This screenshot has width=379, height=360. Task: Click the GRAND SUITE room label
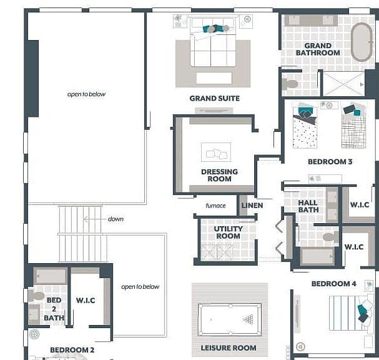[214, 99]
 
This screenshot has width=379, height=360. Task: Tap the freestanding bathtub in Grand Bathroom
[362, 42]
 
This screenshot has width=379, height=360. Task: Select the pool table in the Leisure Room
[230, 319]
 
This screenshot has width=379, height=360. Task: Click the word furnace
[215, 206]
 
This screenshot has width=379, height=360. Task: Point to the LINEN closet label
[252, 206]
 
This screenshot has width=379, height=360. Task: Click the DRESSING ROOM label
[220, 175]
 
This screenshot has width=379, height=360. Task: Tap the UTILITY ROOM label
[228, 232]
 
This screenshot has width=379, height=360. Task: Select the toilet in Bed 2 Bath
[36, 296]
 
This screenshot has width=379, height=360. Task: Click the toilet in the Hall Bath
[331, 237]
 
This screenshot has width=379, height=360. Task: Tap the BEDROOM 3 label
[330, 162]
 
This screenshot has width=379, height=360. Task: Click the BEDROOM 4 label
[334, 284]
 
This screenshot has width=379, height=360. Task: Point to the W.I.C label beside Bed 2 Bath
[86, 301]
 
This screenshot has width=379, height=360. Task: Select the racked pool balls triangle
[249, 319]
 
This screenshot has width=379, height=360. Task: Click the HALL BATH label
[308, 206]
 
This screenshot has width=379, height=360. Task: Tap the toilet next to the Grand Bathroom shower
[290, 84]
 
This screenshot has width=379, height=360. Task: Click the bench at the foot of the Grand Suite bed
[214, 78]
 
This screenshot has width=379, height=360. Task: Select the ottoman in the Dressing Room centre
[216, 152]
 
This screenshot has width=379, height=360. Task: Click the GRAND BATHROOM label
[318, 49]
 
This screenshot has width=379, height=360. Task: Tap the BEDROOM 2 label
[72, 350]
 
